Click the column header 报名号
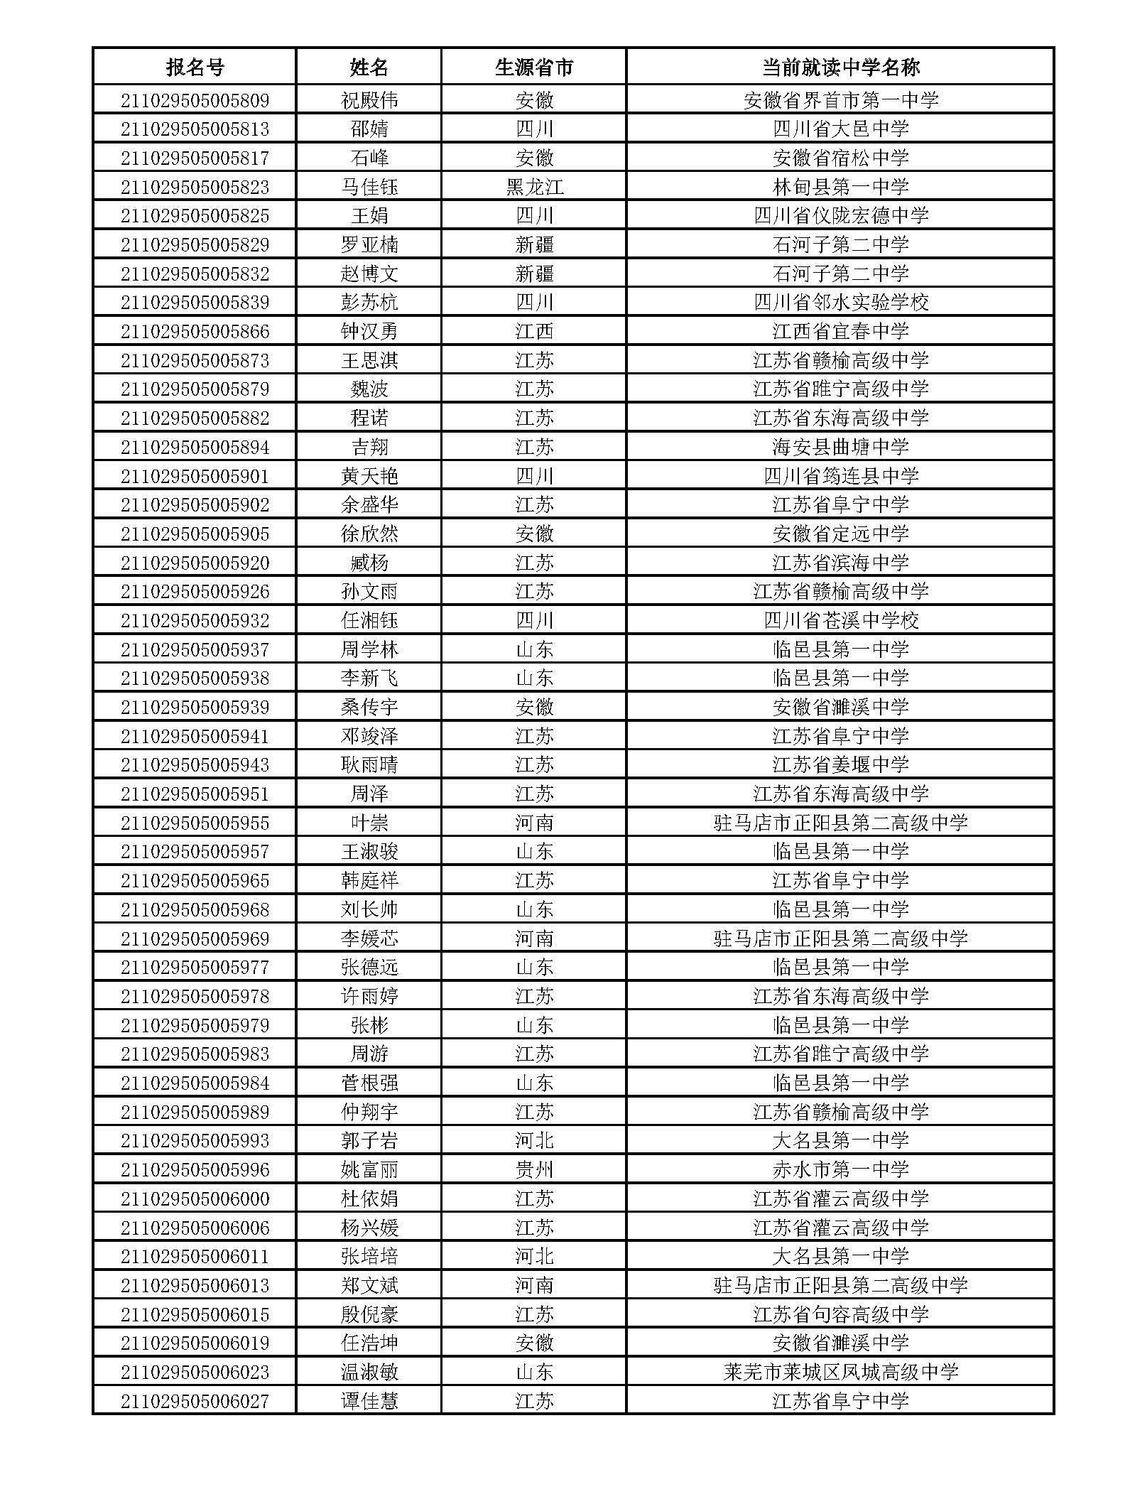point(195,67)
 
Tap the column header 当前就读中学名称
point(840,67)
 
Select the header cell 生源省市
point(533,67)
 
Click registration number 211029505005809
point(195,100)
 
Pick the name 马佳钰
point(369,187)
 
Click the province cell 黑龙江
point(533,187)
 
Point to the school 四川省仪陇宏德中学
point(840,216)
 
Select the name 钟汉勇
point(369,331)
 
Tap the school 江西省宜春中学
point(840,331)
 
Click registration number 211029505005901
point(195,476)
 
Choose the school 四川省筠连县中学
point(840,476)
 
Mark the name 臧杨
point(369,563)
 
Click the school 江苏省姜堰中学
point(840,765)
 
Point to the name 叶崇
point(369,823)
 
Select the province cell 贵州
point(533,1169)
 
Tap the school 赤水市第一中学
point(840,1169)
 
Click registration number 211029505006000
point(195,1198)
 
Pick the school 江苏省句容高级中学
point(840,1314)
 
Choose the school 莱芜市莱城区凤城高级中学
point(840,1372)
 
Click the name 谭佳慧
point(369,1401)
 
